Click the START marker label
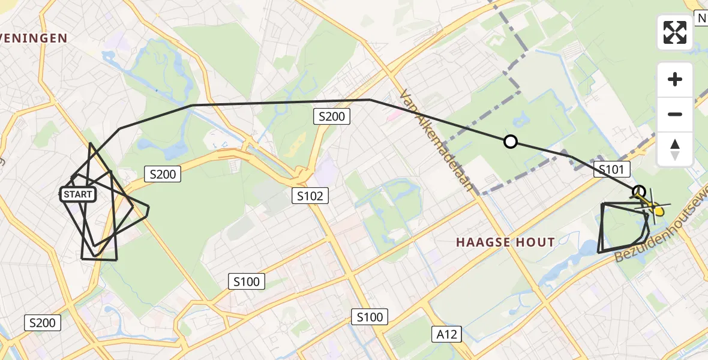78,194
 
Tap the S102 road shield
310,195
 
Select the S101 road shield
612,170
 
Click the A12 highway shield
446,334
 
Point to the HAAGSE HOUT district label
505,242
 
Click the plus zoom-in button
675,79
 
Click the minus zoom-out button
675,114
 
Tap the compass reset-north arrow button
675,149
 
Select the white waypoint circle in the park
510,142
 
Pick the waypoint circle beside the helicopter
640,191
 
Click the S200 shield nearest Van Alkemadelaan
331,116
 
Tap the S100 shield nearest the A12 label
370,317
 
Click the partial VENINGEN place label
33,38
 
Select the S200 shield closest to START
163,175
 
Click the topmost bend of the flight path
369,100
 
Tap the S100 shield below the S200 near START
247,281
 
